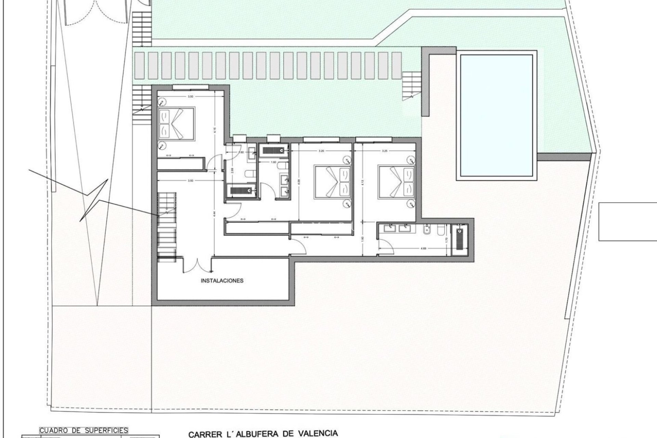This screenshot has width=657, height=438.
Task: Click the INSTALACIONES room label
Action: (222, 281)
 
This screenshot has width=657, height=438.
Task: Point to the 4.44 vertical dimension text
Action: (214, 212)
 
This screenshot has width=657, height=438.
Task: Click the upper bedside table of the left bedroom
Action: (162, 102)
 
